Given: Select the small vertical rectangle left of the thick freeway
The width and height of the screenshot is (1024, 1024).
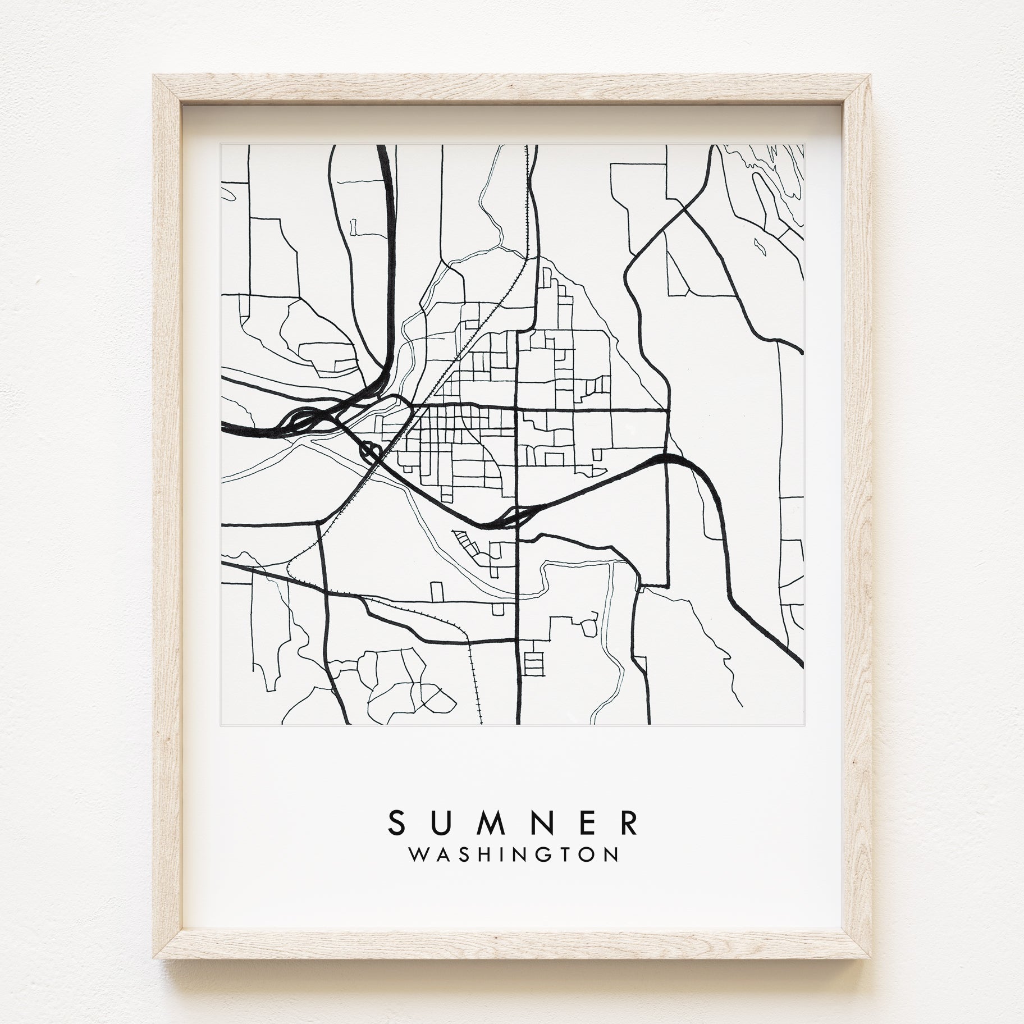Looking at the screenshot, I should click(x=353, y=227).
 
